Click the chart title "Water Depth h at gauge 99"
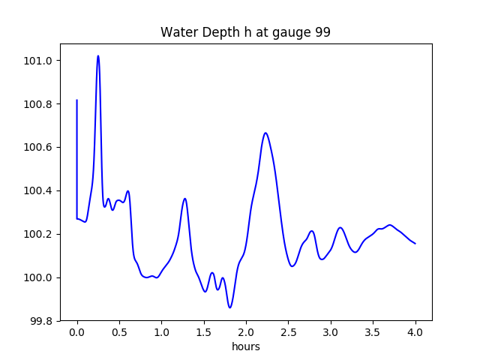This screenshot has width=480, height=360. point(246,33)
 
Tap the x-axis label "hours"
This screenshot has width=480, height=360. point(246,347)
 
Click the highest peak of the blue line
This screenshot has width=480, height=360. point(98,55)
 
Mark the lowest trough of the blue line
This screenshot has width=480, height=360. point(230,307)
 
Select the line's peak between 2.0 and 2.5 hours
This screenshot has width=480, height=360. point(265,133)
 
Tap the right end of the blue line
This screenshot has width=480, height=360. point(415,244)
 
